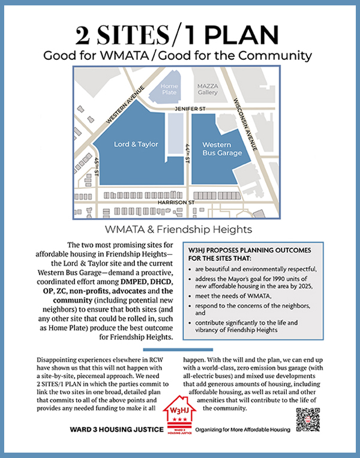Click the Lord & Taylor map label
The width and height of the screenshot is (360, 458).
(136, 144)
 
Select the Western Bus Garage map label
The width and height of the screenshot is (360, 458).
(222, 149)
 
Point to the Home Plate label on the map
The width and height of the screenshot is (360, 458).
(170, 89)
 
